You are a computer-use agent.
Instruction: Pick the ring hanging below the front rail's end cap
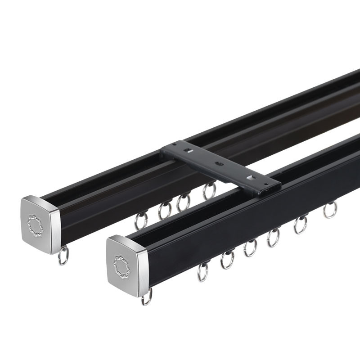tap(147, 297)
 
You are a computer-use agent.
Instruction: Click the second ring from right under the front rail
tap(301, 225)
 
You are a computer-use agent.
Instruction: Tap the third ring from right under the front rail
tap(273, 238)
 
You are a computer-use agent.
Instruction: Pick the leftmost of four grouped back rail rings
tap(141, 220)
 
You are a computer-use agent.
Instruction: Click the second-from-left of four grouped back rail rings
tap(165, 210)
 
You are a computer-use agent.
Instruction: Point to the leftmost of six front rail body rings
tap(203, 272)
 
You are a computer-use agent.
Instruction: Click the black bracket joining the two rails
tap(220, 165)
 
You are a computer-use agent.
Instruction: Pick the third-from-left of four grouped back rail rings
tap(183, 202)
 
